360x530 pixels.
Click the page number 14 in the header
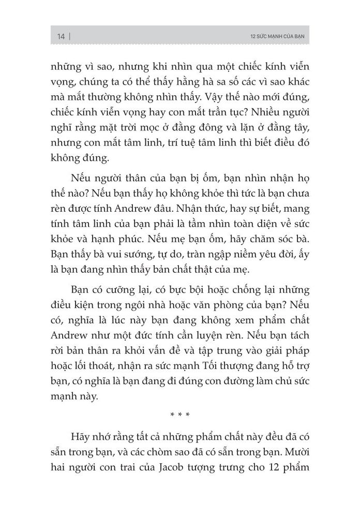[x=61, y=36]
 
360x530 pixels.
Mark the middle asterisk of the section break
[x=180, y=414]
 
